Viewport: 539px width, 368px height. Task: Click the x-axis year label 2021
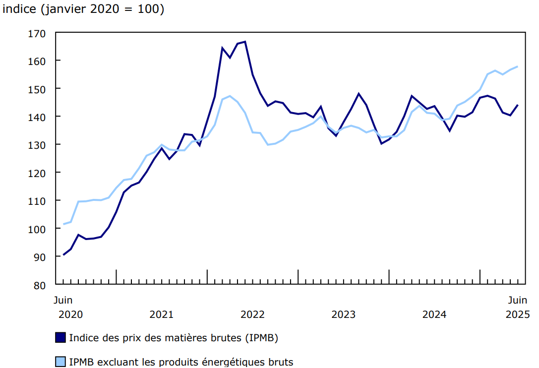161,314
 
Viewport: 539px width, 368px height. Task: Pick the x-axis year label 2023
343,314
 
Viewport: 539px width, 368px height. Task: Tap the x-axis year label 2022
252,314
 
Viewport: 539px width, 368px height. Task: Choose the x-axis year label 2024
434,314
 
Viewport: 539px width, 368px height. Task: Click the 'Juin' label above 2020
63,300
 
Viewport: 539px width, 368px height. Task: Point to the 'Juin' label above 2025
517,300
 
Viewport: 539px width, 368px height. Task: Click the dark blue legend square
60,338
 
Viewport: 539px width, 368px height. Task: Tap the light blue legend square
60,362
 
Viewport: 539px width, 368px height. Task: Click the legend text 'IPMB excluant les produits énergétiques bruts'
181,362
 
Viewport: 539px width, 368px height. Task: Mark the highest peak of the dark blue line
245,42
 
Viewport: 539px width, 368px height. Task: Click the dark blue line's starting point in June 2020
63,255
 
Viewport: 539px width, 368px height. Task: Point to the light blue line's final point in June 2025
518,66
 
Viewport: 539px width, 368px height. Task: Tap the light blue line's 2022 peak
230,96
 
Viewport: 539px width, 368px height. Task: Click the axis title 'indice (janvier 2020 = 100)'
83,9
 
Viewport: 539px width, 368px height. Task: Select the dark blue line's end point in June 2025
518,105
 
